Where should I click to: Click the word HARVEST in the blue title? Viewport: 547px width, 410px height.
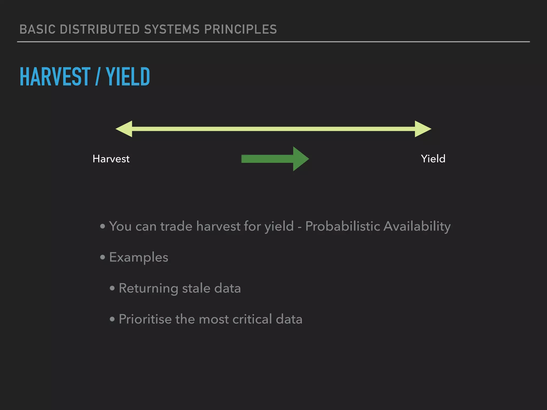coord(55,77)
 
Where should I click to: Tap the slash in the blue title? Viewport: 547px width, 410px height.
coord(98,77)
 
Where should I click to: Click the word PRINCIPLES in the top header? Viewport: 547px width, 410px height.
coord(240,29)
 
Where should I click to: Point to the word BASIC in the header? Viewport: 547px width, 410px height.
coord(38,29)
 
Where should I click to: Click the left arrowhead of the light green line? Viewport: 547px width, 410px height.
coord(124,129)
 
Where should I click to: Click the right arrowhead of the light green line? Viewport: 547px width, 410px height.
coord(423,129)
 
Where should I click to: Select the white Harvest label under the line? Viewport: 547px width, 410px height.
coord(111,159)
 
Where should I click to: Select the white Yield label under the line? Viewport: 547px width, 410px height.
coord(433,159)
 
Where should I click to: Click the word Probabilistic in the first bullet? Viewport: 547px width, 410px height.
coord(342,226)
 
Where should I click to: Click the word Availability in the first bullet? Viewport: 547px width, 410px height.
coord(417,226)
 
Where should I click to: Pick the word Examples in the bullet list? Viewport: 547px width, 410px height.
coord(139,257)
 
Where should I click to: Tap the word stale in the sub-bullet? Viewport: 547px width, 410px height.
coord(196,288)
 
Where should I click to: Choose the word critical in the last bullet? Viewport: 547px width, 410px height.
coord(252,319)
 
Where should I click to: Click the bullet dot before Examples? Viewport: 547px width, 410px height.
coord(103,257)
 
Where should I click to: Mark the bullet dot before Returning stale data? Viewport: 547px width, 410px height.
coord(112,288)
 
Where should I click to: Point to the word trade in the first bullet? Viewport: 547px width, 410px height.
coord(176,226)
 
